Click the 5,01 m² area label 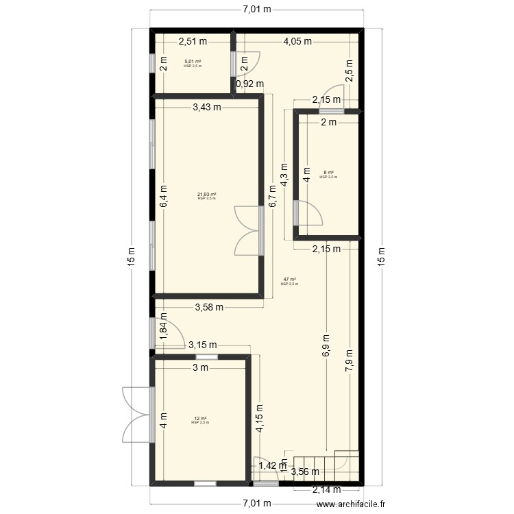tap(193, 62)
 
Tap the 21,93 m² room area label tap(207, 195)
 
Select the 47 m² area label tap(289, 280)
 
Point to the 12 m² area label tap(200, 419)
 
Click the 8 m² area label tap(328, 173)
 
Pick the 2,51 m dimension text tap(193, 41)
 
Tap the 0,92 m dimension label tap(250, 84)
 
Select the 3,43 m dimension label tap(207, 107)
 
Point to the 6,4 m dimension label tap(164, 197)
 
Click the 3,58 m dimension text tap(209, 307)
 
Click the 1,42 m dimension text tap(271, 466)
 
